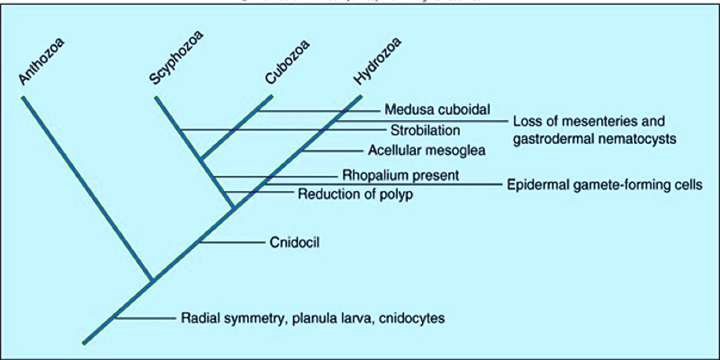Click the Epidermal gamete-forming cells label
point(602,185)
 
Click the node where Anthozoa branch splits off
point(152,279)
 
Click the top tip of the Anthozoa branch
point(24,98)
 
